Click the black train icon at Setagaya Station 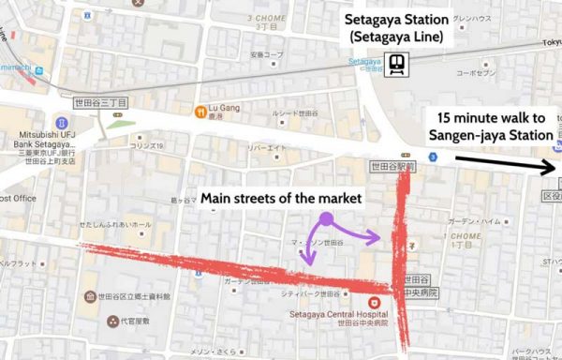[x=397, y=63]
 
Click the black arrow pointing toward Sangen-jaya [x=505, y=163]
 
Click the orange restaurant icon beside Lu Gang [x=200, y=111]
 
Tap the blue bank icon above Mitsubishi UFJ [x=63, y=123]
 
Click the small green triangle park [x=116, y=123]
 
